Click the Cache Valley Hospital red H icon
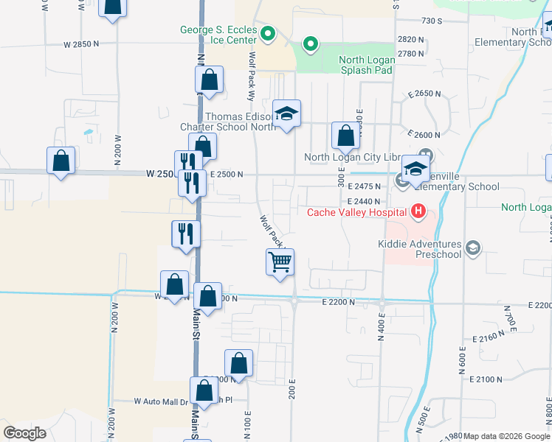tap(418, 212)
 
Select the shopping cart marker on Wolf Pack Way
tap(280, 262)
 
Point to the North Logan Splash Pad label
tap(365, 66)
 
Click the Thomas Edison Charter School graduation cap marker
tap(287, 113)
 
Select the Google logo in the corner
tap(25, 433)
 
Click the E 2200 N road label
tap(339, 302)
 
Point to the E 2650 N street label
tap(424, 94)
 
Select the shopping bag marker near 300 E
tap(345, 136)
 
